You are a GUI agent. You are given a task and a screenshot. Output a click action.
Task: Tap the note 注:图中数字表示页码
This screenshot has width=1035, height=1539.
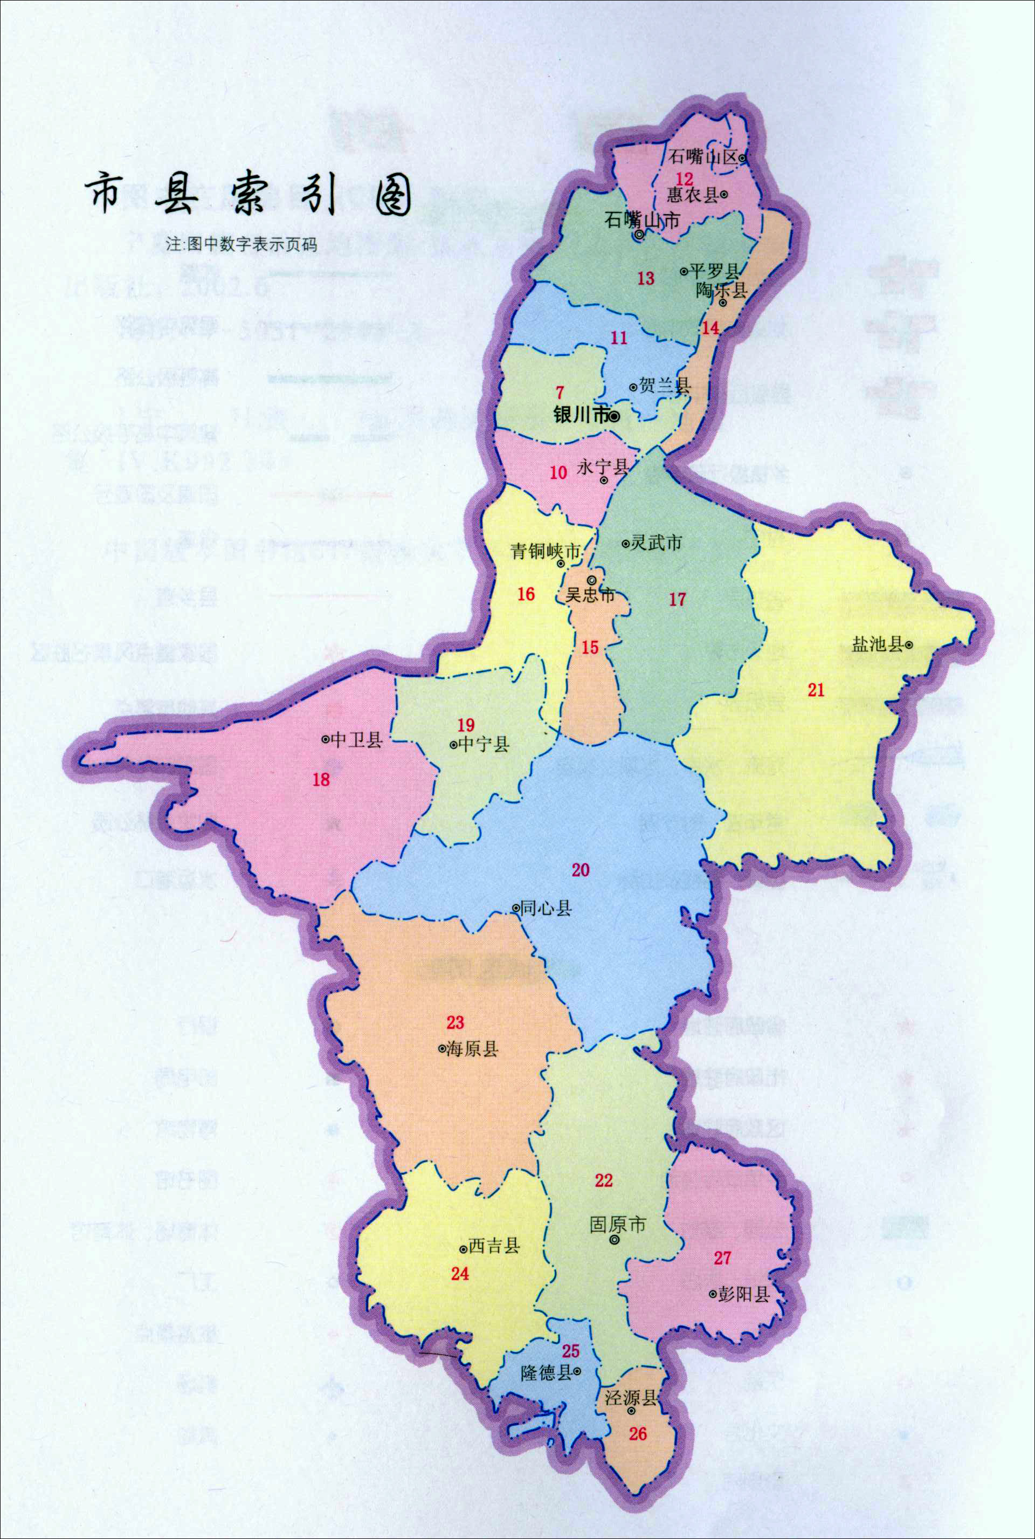point(241,245)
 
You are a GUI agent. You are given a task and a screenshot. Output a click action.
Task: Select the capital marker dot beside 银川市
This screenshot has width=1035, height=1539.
point(614,417)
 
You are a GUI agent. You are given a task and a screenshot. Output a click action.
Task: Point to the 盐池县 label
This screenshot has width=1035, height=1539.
point(877,644)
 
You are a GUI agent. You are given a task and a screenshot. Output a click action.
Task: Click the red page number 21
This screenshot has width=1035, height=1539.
point(816,690)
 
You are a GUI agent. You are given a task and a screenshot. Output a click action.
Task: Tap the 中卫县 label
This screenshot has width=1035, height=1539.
point(356,739)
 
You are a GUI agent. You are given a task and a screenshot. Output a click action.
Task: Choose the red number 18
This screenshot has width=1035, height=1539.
point(321,780)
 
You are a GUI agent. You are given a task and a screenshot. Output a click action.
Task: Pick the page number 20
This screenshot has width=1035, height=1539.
point(580,870)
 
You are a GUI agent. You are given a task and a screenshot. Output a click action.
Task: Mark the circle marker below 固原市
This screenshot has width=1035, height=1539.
point(615,1240)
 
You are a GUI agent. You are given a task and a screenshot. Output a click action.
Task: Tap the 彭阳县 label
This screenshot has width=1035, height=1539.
point(744,1295)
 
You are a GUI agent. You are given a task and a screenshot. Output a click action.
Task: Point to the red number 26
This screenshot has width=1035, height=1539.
point(638,1433)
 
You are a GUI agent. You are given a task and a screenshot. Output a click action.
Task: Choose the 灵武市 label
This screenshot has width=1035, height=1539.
point(656,542)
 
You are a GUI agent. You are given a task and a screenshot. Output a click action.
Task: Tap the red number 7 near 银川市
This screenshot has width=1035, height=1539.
point(560,393)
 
